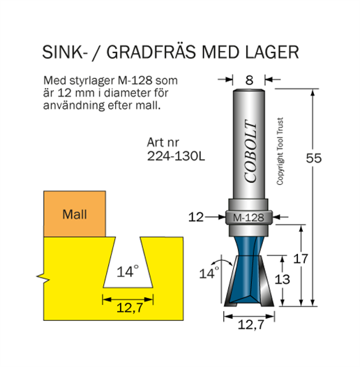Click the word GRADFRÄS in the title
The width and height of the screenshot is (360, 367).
151,52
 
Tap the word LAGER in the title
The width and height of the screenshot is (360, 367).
272,52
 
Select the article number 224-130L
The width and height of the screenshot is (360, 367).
176,156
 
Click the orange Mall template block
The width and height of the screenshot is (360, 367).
75,214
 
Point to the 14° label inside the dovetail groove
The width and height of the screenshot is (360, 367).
128,271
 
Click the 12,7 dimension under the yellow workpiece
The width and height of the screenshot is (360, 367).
130,308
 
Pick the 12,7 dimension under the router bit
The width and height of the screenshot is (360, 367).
251,324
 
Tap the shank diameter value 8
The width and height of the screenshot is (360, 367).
249,80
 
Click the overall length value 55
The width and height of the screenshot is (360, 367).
314,158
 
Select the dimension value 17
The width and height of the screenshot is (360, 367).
300,259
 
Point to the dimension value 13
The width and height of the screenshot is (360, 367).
282,279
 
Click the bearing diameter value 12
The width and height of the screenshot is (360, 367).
196,217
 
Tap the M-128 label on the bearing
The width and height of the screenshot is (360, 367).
248,218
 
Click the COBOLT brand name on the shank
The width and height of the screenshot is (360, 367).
250,151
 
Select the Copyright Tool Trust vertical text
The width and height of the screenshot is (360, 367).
280,151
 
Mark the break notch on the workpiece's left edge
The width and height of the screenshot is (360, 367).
43,277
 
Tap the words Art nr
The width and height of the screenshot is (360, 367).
163,142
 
